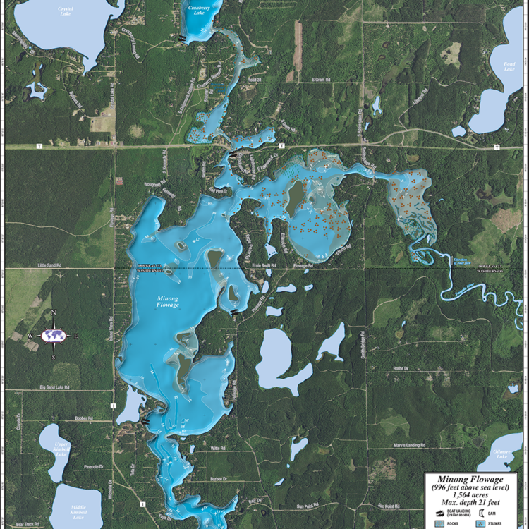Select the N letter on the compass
click(x=53, y=313)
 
